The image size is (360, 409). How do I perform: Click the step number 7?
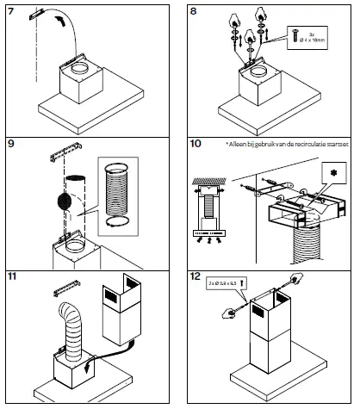pyautogui.click(x=11, y=10)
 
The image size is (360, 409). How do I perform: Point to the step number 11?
pyautogui.click(x=12, y=278)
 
